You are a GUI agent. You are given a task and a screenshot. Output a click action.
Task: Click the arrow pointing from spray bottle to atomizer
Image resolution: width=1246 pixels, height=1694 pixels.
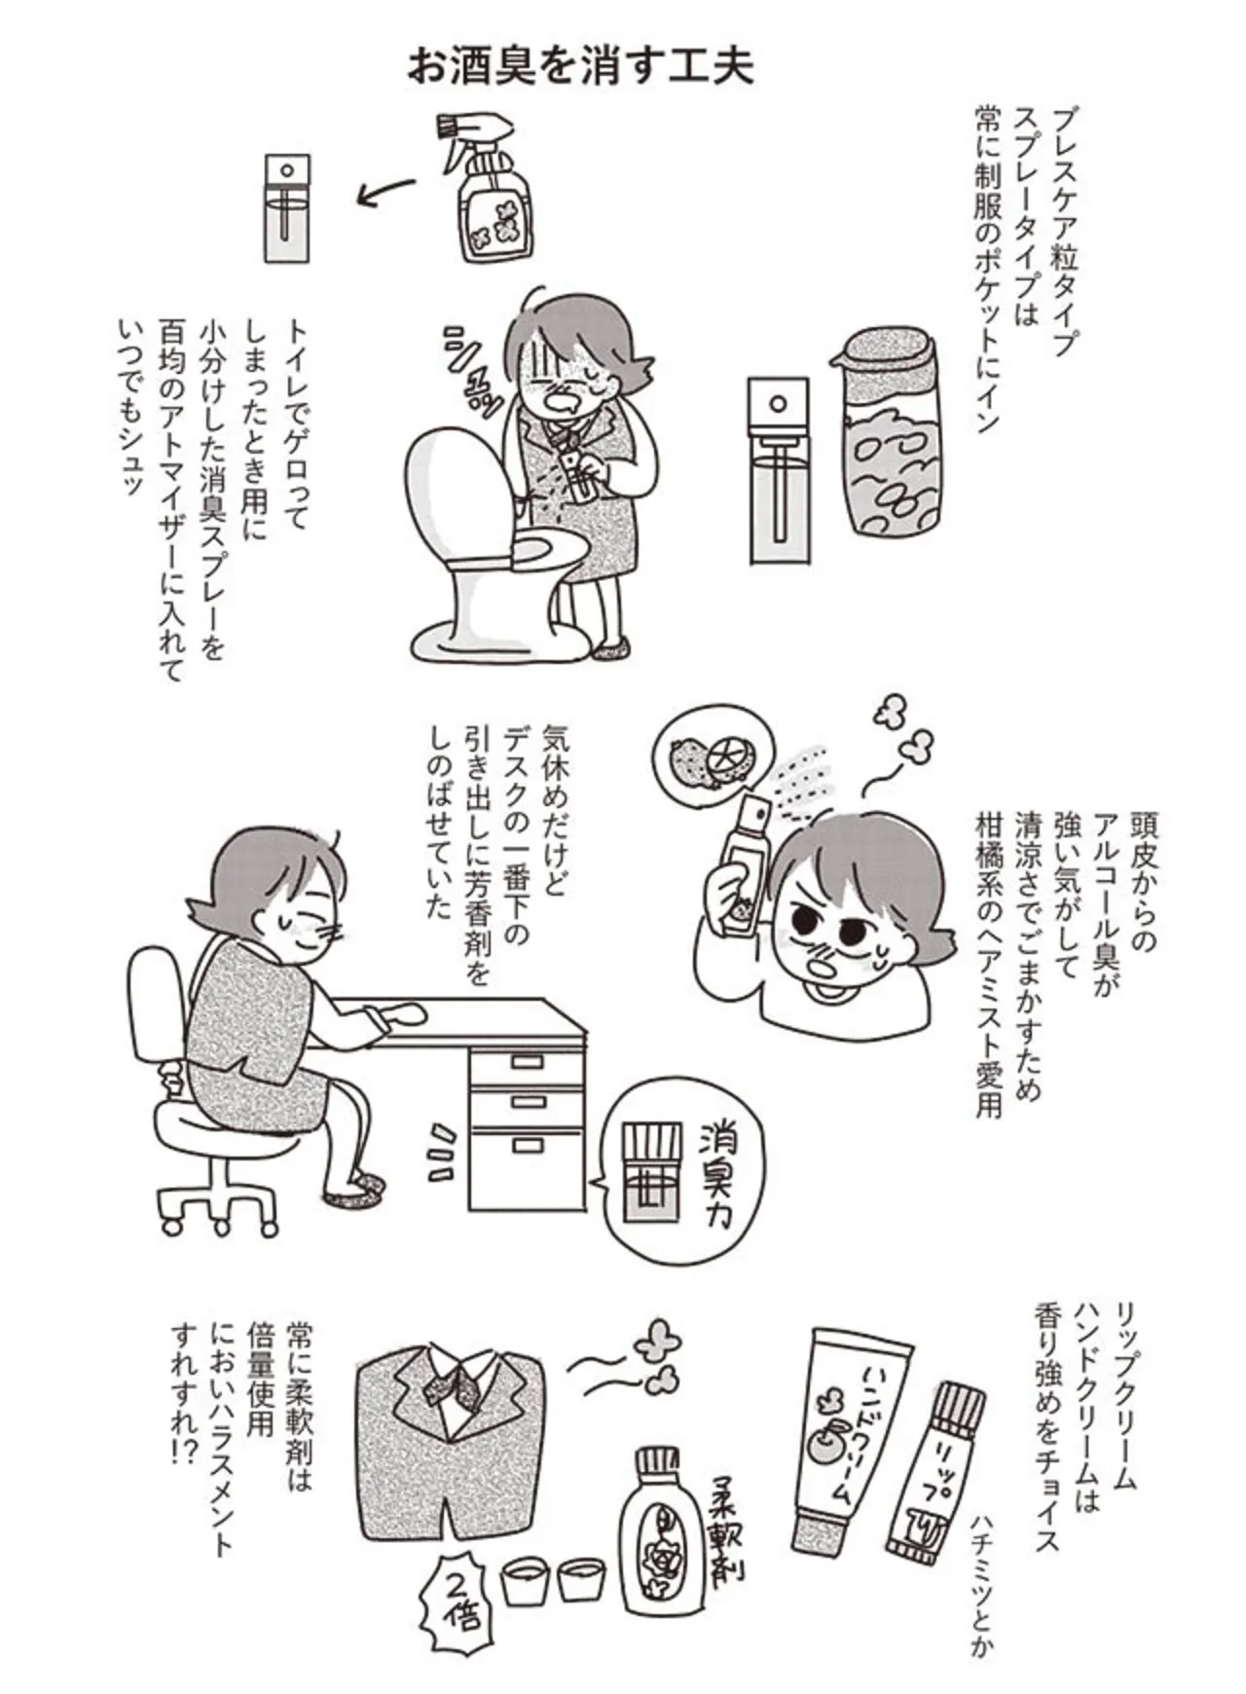click(386, 192)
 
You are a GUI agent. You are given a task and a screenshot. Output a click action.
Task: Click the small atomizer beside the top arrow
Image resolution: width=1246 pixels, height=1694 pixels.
click(287, 206)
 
